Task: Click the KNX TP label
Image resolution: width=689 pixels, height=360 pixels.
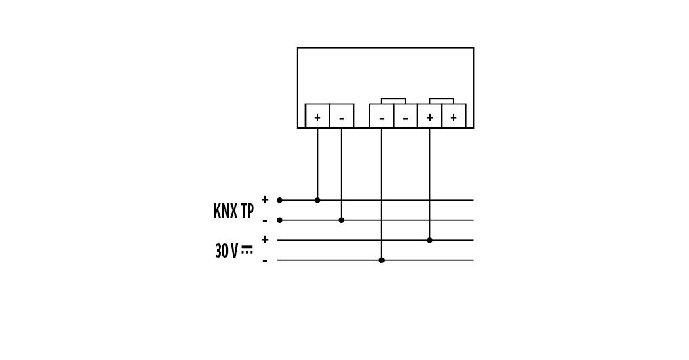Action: pyautogui.click(x=233, y=211)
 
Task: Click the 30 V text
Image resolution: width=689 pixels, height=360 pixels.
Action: pyautogui.click(x=227, y=252)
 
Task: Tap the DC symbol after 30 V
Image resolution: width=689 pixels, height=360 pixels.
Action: pyautogui.click(x=247, y=250)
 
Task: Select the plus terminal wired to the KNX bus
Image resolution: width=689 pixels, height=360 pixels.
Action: pyautogui.click(x=317, y=117)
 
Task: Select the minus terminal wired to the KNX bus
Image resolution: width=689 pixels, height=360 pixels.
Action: pyautogui.click(x=341, y=117)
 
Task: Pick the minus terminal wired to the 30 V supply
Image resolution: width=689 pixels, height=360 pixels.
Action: pyautogui.click(x=381, y=117)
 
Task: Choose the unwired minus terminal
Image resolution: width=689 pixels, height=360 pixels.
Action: pyautogui.click(x=406, y=117)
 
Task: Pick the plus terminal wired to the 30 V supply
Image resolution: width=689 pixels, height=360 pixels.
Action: pyautogui.click(x=429, y=117)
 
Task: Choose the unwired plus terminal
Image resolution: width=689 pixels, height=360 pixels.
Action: pyautogui.click(x=454, y=117)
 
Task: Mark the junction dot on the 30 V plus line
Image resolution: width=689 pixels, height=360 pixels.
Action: pyautogui.click(x=429, y=240)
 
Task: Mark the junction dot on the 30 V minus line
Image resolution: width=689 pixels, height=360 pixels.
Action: pyautogui.click(x=381, y=260)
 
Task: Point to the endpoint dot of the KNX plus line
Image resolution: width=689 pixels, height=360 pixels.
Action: pyautogui.click(x=279, y=200)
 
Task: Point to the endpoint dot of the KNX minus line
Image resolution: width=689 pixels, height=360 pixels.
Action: pyautogui.click(x=279, y=220)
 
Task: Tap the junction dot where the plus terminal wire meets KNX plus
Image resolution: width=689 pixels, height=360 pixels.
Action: pyautogui.click(x=317, y=200)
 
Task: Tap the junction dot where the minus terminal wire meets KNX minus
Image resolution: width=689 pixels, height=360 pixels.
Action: pyautogui.click(x=341, y=220)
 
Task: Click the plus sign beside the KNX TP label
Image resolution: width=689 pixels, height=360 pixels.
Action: pyautogui.click(x=265, y=199)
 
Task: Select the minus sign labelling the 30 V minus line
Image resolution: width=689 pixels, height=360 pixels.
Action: pyautogui.click(x=265, y=261)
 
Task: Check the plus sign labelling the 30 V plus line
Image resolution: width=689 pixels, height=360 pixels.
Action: pyautogui.click(x=265, y=239)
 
